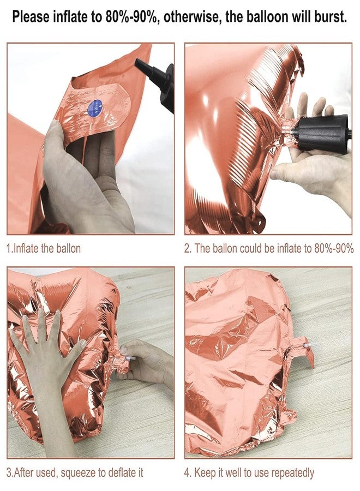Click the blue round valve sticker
95,109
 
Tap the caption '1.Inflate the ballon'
44,248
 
